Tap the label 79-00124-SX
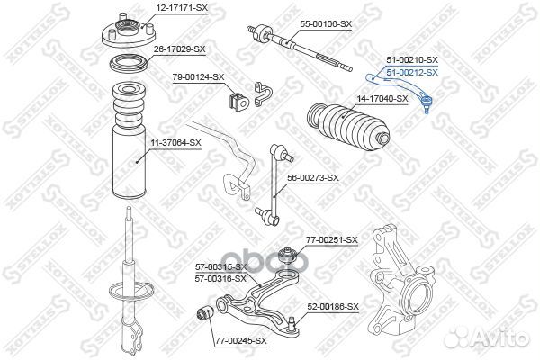click(199, 76)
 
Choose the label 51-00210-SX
click(412, 59)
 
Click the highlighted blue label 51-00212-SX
click(412, 72)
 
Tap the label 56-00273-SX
click(314, 177)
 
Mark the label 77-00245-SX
click(241, 341)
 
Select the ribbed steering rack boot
click(346, 127)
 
